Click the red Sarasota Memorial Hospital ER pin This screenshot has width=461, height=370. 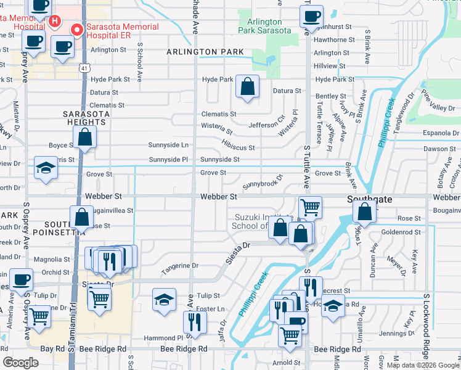click(x=77, y=29)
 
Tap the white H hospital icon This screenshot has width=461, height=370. click(x=55, y=22)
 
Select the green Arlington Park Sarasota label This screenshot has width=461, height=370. click(x=260, y=26)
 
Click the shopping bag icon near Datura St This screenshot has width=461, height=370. click(x=247, y=88)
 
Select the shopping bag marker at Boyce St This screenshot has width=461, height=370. click(x=85, y=138)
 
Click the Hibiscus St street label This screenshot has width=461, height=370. click(x=239, y=148)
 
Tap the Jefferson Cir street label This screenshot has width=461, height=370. click(x=267, y=125)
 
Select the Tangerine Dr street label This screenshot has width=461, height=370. click(x=180, y=266)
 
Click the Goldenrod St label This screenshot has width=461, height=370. click(x=401, y=232)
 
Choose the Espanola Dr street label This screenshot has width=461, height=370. click(x=439, y=133)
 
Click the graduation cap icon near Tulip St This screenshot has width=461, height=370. click(x=164, y=300)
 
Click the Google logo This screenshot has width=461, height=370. click(x=20, y=363)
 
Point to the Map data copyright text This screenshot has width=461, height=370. click(x=423, y=365)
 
